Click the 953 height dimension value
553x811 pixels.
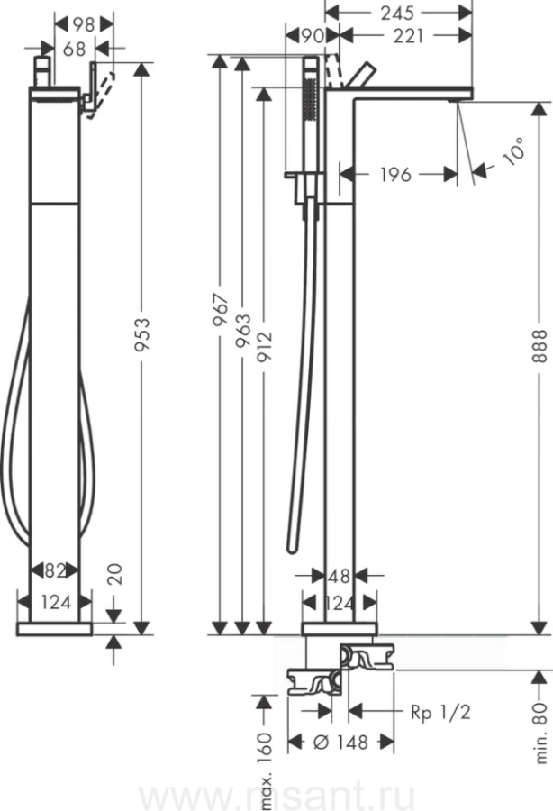pos(141,335)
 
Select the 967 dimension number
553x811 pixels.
pos(221,309)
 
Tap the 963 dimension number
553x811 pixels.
pos(242,330)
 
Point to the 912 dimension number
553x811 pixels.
pos(264,346)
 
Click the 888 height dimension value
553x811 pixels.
pos(539,345)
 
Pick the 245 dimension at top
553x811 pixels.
pos(397,13)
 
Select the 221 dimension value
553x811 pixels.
pos(408,36)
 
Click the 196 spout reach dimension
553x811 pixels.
pos(396,175)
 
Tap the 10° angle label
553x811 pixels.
pos(515,151)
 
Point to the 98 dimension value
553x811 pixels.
pos(84,24)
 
